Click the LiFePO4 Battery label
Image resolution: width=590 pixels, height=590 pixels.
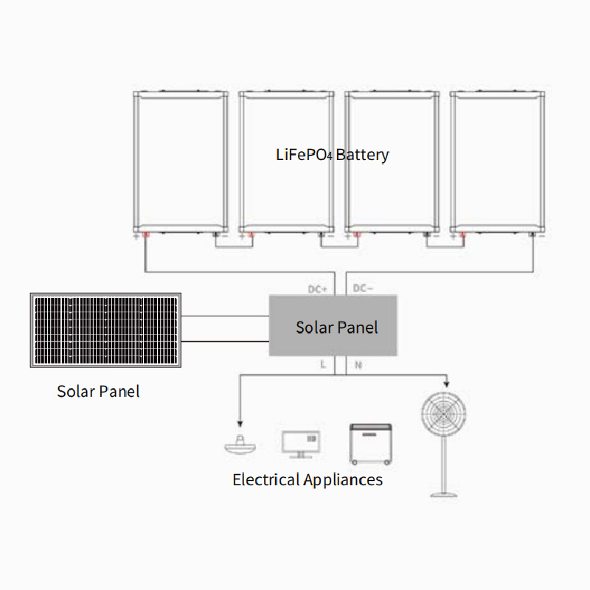(x=332, y=155)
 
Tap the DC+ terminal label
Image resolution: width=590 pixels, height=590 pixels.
(x=317, y=288)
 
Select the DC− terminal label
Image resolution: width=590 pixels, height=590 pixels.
(x=364, y=288)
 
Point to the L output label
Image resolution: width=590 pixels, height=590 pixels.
(x=322, y=364)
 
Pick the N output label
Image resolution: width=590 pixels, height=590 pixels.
(x=358, y=364)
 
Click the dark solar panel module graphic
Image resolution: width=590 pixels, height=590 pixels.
(x=105, y=331)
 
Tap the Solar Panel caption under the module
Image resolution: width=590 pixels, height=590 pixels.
(x=98, y=391)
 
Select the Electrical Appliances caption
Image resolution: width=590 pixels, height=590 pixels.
(x=308, y=480)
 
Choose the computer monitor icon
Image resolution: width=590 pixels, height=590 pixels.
(x=301, y=442)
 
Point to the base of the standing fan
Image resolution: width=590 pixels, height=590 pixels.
(x=442, y=493)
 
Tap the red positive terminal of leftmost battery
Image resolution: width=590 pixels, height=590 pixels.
(x=145, y=236)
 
